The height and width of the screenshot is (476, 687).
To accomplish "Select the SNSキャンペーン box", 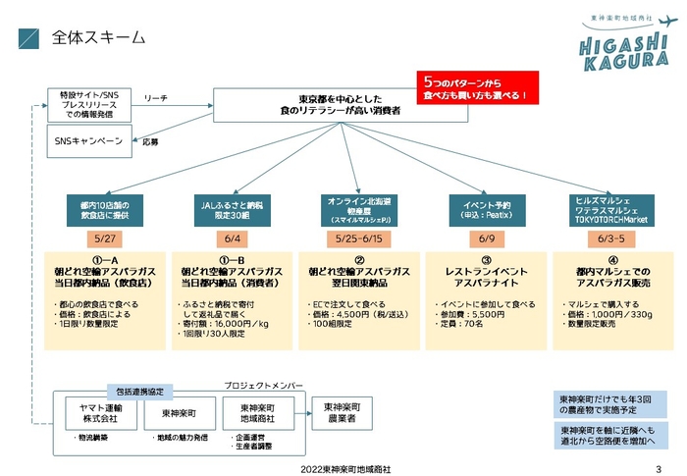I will (89, 142).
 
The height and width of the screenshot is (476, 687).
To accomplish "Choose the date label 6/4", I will (233, 239).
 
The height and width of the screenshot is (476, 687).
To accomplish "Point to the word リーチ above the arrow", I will (155, 98).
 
